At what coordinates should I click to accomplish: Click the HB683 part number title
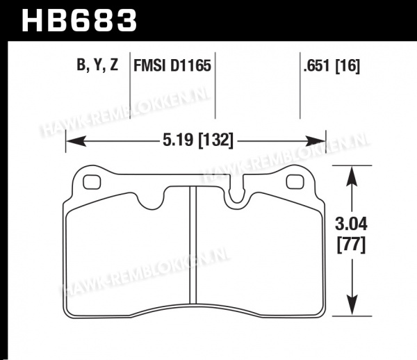(x=79, y=21)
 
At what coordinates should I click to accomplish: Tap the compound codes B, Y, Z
(x=97, y=65)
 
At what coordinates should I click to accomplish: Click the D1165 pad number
(x=190, y=65)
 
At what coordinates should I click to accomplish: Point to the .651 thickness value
(x=318, y=65)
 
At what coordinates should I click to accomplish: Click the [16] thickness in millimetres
(x=347, y=65)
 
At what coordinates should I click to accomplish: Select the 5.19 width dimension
(x=178, y=140)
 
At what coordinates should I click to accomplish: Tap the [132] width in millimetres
(x=215, y=140)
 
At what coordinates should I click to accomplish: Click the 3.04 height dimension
(x=351, y=224)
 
